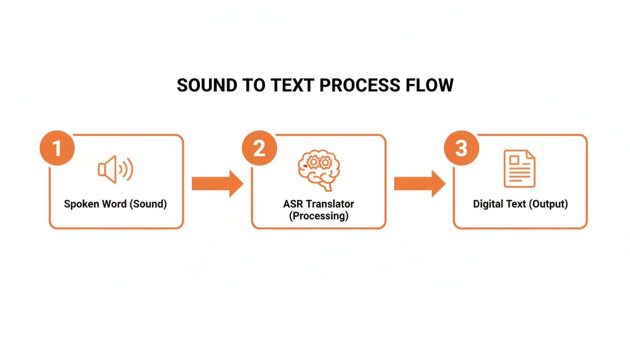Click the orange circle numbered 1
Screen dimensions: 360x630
click(x=57, y=149)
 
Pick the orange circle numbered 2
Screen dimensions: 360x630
click(x=259, y=149)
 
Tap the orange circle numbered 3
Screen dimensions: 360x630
click(x=461, y=149)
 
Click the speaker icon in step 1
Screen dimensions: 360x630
click(x=115, y=170)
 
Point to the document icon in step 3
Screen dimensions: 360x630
click(x=519, y=169)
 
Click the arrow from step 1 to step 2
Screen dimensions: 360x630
click(x=217, y=184)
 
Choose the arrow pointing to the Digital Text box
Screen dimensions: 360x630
click(x=419, y=184)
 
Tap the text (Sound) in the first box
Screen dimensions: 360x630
click(x=148, y=204)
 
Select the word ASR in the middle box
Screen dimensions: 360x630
click(x=293, y=204)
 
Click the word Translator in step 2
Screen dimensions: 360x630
click(x=329, y=204)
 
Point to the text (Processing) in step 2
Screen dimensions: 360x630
click(x=319, y=216)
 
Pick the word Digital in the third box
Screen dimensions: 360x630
click(x=487, y=204)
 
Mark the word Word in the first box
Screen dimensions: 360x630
click(x=113, y=204)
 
